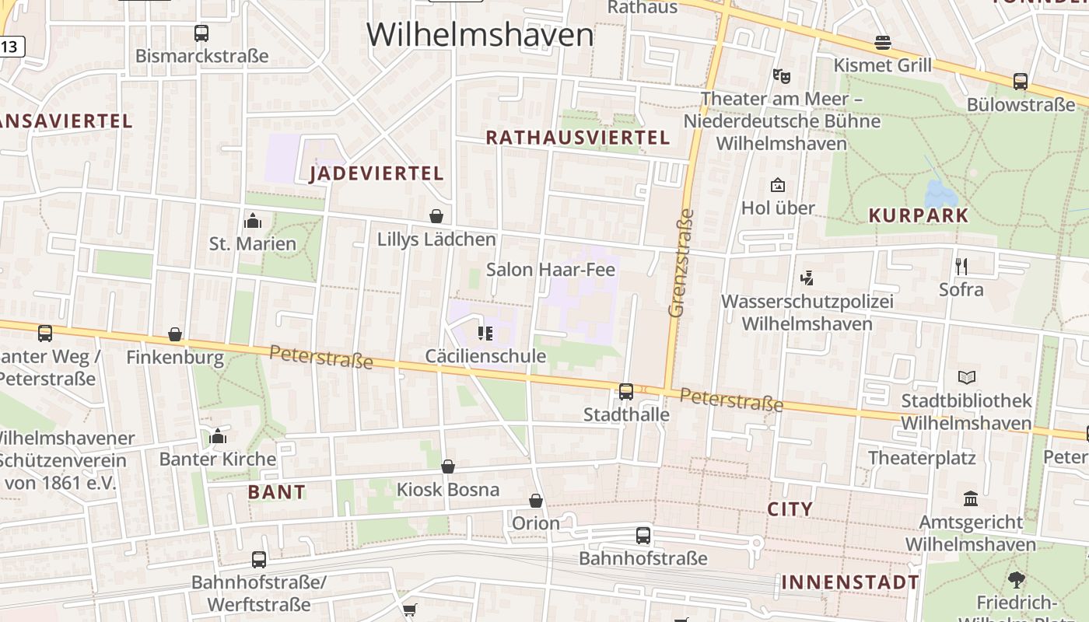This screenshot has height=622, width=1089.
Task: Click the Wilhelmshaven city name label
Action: (x=480, y=35)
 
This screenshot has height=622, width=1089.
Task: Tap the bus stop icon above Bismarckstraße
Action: (x=201, y=33)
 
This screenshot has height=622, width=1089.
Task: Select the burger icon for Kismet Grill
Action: (x=883, y=43)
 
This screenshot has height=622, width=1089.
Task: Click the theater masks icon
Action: (x=782, y=76)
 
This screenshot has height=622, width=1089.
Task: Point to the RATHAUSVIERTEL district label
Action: (x=577, y=138)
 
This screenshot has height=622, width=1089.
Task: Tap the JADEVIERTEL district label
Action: (x=376, y=173)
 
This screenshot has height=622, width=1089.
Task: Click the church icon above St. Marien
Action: (x=253, y=222)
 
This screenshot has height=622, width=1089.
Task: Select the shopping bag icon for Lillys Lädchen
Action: (x=436, y=216)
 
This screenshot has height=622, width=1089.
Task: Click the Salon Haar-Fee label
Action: (x=551, y=270)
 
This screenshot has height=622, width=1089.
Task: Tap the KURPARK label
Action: (x=919, y=216)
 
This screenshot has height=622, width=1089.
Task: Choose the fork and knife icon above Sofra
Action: (x=961, y=267)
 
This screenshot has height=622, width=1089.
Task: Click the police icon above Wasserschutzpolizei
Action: (x=807, y=278)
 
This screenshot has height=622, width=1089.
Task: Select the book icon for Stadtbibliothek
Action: (x=967, y=378)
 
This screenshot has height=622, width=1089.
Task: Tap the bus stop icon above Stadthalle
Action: (x=626, y=392)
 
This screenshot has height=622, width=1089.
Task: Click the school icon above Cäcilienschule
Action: (x=485, y=334)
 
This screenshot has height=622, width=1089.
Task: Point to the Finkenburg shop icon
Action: (x=175, y=335)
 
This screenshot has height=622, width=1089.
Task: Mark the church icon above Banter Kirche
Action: (x=218, y=436)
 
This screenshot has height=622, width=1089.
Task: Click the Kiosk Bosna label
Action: (x=448, y=490)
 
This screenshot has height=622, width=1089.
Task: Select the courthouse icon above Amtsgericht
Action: (x=971, y=498)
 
